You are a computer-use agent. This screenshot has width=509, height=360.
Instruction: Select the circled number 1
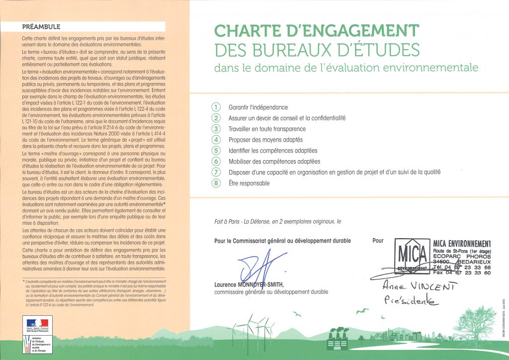click(216, 107)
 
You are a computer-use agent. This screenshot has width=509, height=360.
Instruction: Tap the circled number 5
click(216, 151)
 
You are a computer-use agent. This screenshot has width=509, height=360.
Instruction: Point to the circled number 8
click(216, 183)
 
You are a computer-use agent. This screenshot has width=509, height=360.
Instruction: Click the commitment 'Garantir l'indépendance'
click(258, 107)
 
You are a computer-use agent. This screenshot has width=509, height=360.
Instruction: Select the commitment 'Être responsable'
click(249, 183)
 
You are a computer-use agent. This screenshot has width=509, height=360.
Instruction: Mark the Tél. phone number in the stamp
click(462, 267)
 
